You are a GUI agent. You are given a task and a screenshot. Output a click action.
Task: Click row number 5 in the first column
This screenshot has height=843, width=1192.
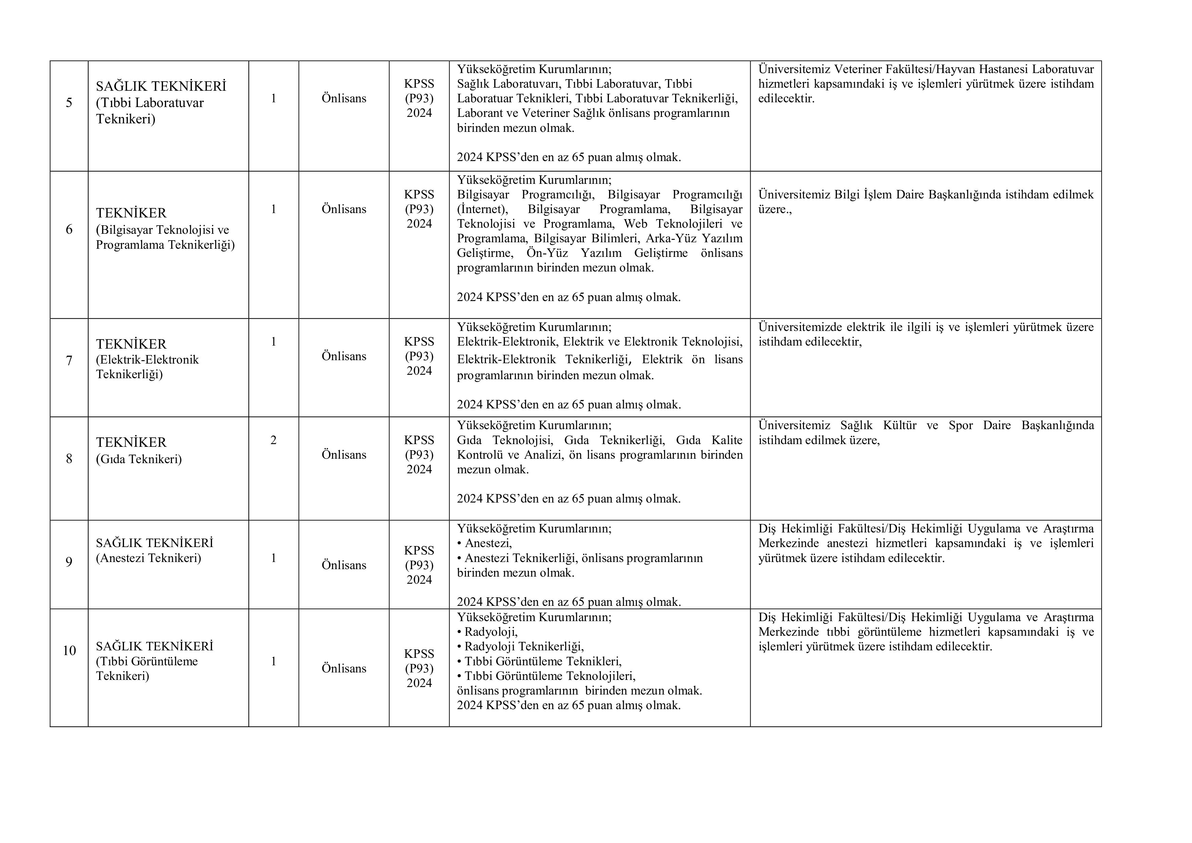click(x=69, y=103)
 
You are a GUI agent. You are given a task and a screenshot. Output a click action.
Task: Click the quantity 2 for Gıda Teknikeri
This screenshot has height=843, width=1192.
click(x=274, y=440)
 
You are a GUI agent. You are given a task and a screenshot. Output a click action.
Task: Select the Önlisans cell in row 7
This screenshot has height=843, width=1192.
click(x=344, y=356)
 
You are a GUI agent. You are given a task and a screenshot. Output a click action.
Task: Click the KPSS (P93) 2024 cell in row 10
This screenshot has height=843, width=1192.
click(x=419, y=668)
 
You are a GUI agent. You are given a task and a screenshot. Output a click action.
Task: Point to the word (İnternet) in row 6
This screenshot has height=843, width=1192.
click(x=482, y=209)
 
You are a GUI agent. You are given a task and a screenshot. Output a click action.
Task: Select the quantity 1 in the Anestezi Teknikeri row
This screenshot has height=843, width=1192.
click(x=274, y=558)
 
